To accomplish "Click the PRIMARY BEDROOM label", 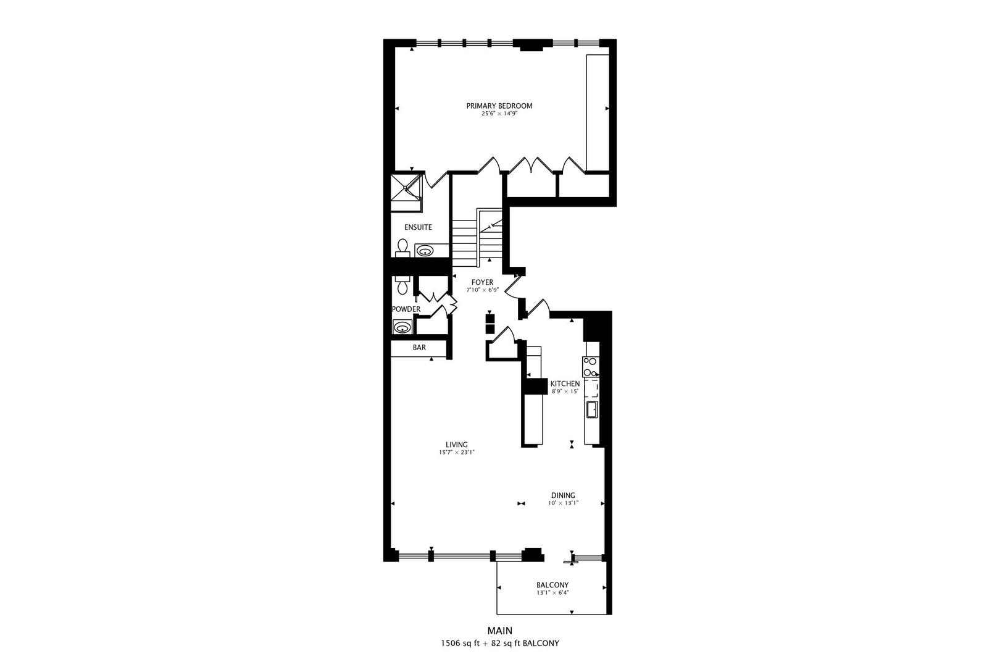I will tap(499, 106).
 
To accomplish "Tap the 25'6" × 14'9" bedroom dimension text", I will tap(499, 114).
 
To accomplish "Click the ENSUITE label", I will tap(418, 227).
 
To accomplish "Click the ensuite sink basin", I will tap(425, 251).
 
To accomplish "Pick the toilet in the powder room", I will tap(402, 285).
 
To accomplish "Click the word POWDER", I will tap(406, 309).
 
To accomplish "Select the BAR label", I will tap(419, 348).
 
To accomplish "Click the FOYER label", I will tap(482, 282).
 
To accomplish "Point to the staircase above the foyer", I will tap(478, 238).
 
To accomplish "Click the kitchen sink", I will tap(591, 409).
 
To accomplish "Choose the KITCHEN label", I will tap(565, 384).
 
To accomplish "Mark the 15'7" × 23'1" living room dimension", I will tap(457, 452).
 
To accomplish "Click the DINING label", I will tap(563, 495).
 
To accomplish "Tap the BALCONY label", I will tap(552, 585).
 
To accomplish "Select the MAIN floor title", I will tap(499, 631).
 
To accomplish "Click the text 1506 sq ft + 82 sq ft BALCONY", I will tap(499, 644).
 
